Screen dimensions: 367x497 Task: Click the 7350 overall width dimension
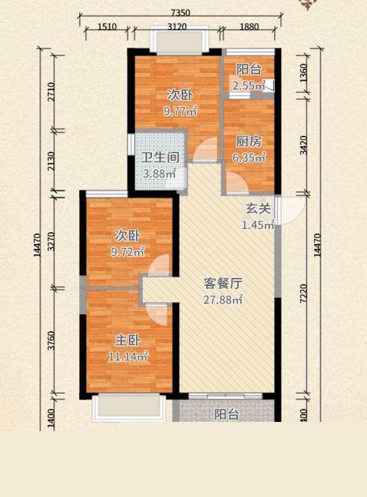tap(180, 13)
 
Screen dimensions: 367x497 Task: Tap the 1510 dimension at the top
tap(107, 26)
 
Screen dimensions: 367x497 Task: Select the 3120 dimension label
tap(177, 26)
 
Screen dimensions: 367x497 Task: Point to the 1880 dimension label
tap(249, 26)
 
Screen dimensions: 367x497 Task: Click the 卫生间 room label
tap(160, 158)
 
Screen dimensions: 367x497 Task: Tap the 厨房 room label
tap(249, 142)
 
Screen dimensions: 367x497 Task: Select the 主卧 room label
tap(128, 341)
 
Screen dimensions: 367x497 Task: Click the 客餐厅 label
tap(223, 284)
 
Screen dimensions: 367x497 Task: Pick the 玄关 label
tap(258, 209)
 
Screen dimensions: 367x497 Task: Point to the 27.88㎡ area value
tap(223, 299)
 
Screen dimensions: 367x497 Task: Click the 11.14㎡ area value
tap(128, 357)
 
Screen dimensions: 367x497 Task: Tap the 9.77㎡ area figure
tap(180, 111)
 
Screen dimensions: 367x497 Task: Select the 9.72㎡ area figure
tap(127, 252)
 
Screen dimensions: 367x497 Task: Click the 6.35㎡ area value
tap(249, 158)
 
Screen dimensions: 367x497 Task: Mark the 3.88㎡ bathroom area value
tap(159, 173)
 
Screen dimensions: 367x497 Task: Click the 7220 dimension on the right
tap(303, 294)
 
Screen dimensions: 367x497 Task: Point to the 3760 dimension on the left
tap(51, 341)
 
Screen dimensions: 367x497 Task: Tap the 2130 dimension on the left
tap(51, 161)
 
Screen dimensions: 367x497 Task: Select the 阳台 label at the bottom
tap(227, 414)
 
